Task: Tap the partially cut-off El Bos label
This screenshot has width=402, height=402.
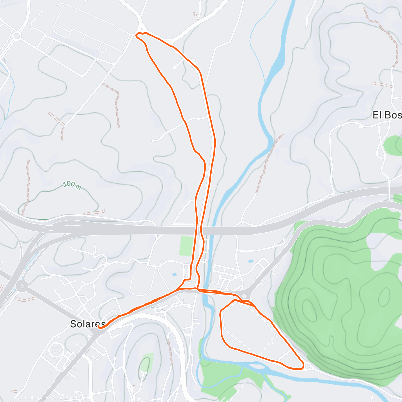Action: (x=387, y=115)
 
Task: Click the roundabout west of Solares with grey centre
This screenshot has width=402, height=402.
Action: (x=22, y=286)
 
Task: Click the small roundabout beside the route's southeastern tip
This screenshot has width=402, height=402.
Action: (x=307, y=366)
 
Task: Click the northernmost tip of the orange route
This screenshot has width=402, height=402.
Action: (x=137, y=34)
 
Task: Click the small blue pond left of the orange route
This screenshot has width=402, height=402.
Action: (x=174, y=275)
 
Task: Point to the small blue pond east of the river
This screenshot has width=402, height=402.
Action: (x=250, y=261)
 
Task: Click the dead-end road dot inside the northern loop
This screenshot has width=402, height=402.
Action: (x=174, y=68)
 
